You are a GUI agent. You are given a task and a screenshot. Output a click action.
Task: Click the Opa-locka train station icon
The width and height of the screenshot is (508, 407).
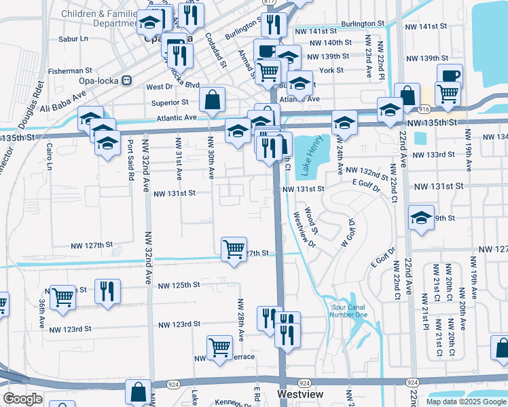pyautogui.click(x=126, y=80)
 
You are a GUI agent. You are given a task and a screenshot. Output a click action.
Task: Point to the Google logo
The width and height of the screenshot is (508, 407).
pyautogui.click(x=22, y=399)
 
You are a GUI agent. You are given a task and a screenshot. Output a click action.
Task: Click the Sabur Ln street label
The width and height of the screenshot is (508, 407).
pyautogui.click(x=74, y=39)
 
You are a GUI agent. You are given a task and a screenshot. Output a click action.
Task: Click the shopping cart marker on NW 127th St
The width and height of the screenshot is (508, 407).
pyautogui.click(x=234, y=249)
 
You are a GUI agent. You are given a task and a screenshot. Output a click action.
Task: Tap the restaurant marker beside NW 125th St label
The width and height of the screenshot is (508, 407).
pyautogui.click(x=107, y=291)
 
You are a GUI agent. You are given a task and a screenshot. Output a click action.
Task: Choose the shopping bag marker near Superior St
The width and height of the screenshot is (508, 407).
pyautogui.click(x=213, y=100)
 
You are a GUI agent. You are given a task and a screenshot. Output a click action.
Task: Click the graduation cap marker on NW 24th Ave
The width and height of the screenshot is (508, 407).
pyautogui.click(x=344, y=123)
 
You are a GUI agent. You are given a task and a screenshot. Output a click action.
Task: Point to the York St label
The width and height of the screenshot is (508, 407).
pyautogui.click(x=331, y=70)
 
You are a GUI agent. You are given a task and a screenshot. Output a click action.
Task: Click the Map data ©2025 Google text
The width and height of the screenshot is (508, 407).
pyautogui.click(x=466, y=402)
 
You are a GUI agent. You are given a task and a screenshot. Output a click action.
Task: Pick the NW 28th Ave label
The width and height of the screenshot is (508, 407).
pyautogui.click(x=240, y=315)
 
